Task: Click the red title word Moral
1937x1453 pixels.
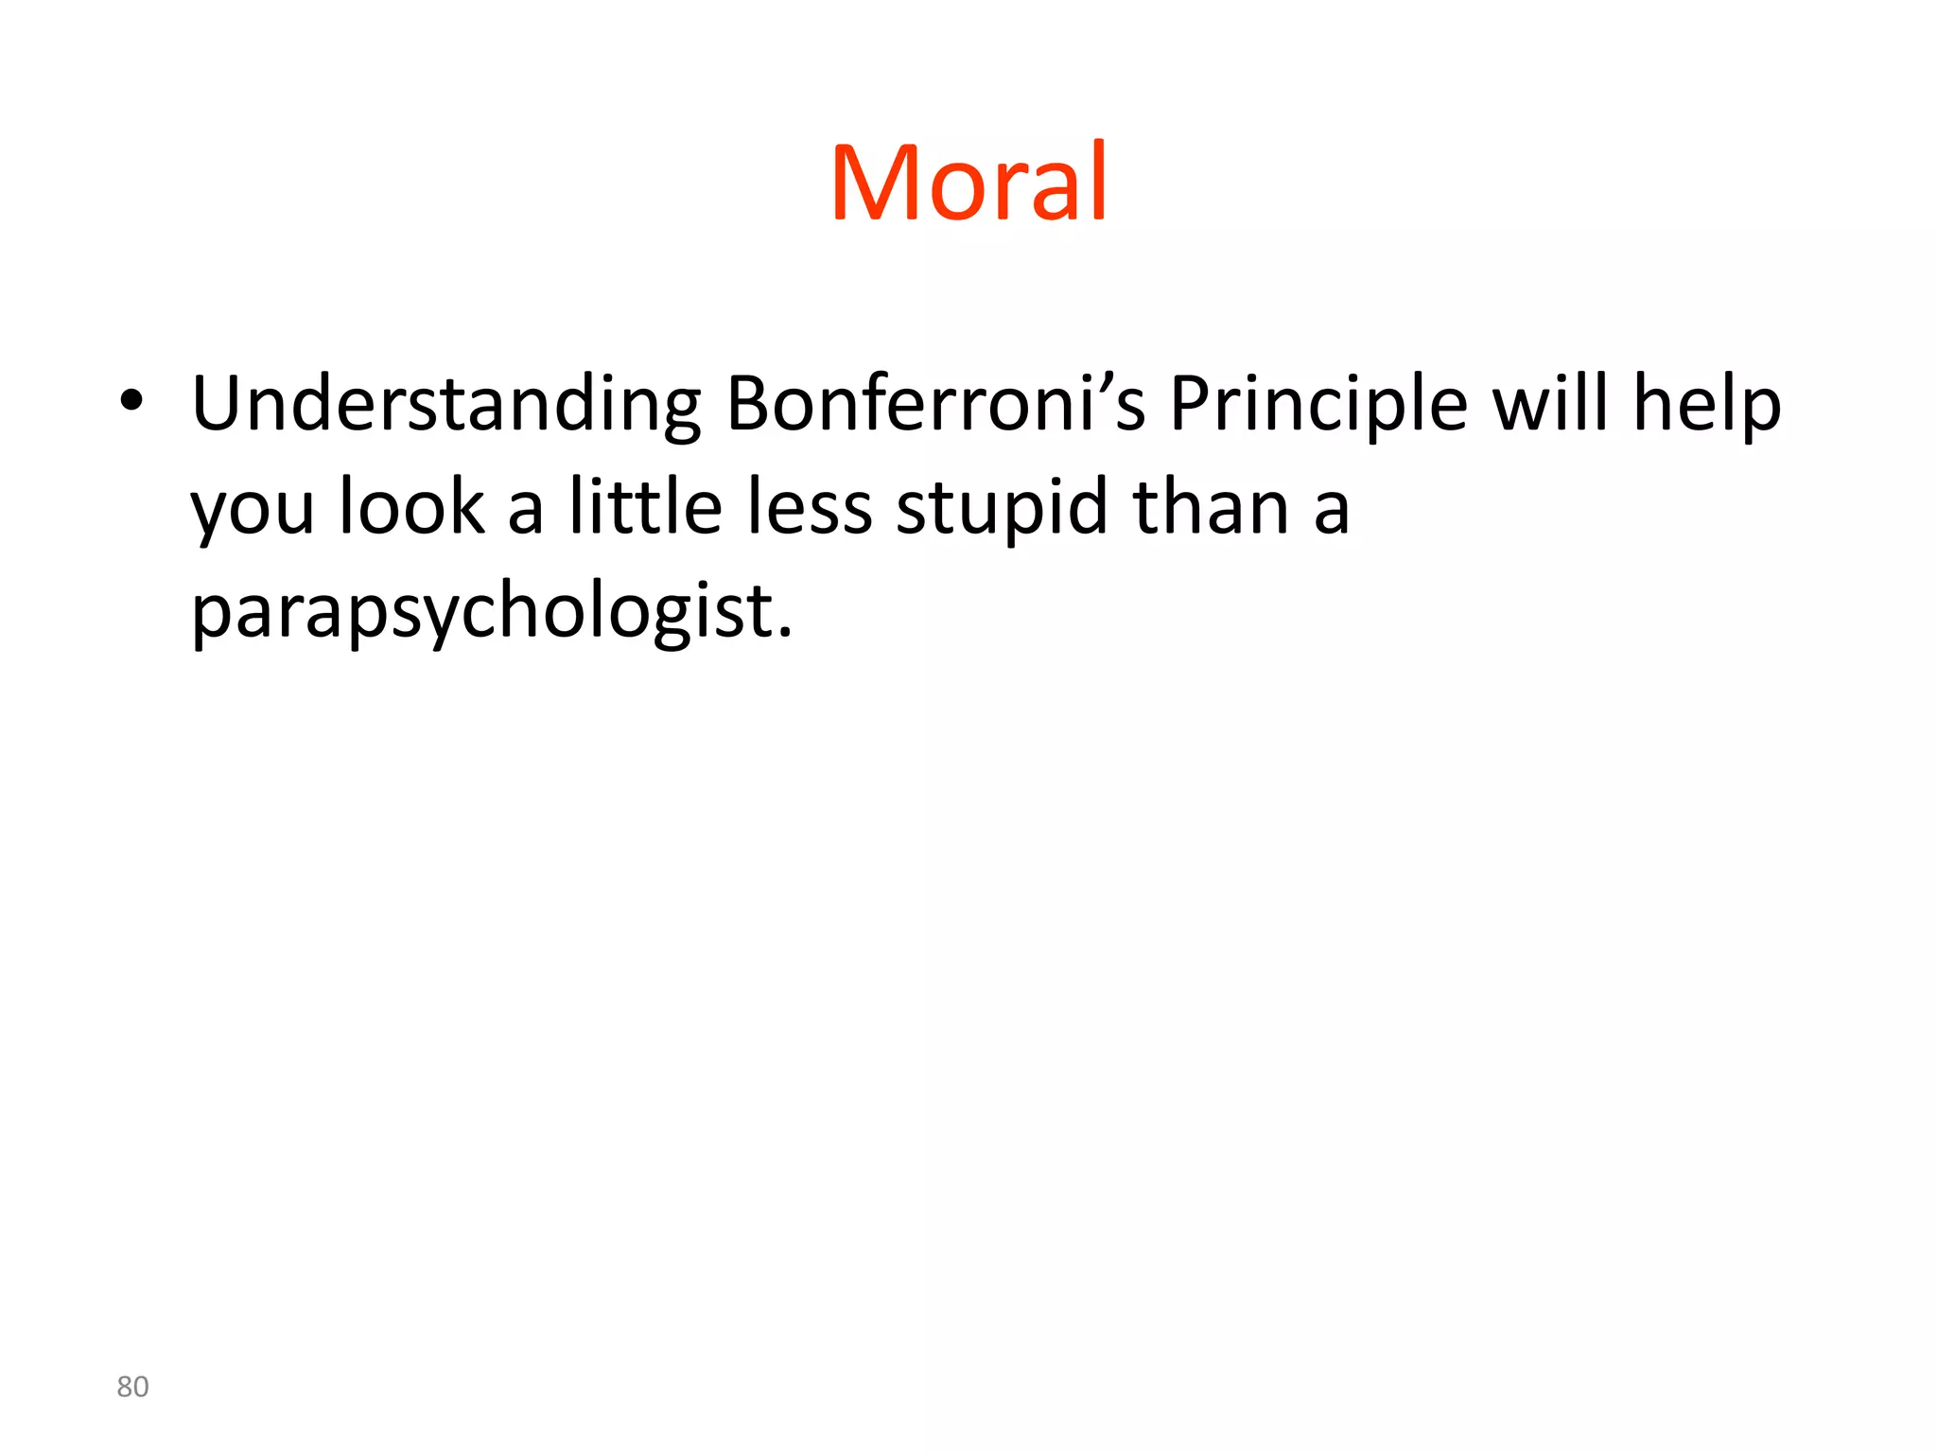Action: [968, 182]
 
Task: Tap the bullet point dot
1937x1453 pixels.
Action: [131, 401]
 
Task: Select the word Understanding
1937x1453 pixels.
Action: [445, 405]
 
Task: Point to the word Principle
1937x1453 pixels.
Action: [1318, 405]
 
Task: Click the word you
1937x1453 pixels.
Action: [252, 511]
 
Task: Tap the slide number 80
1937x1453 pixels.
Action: [132, 1387]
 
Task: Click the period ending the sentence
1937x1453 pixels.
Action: [784, 634]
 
